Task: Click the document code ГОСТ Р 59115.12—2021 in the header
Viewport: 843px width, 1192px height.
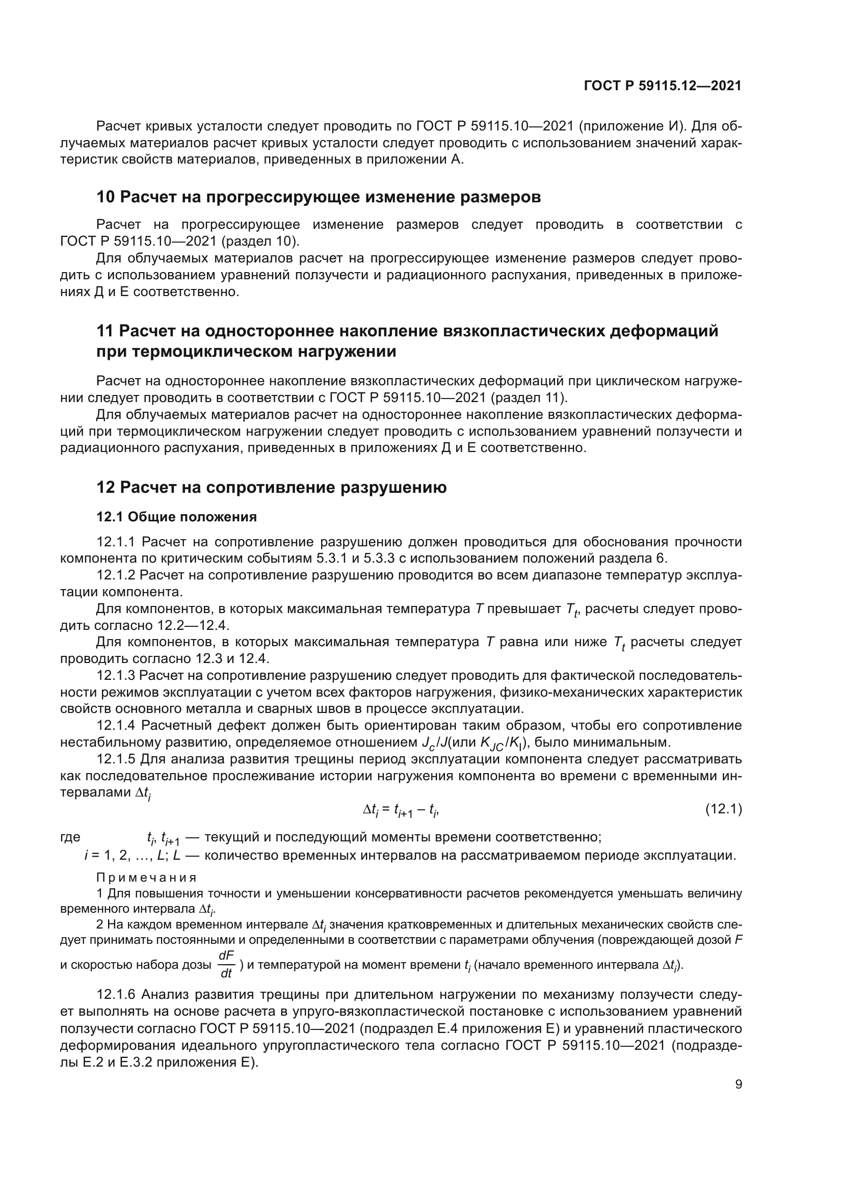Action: point(663,86)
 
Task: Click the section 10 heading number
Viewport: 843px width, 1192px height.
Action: point(106,197)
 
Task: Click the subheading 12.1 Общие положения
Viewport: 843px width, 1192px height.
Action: point(176,517)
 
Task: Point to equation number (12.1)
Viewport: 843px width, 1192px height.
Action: point(723,809)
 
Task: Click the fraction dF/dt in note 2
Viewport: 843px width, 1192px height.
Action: point(226,965)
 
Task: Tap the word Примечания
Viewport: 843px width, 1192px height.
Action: point(146,878)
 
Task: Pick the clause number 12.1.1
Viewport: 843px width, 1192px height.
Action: point(115,542)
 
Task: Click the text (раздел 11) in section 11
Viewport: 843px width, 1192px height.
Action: point(528,398)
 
